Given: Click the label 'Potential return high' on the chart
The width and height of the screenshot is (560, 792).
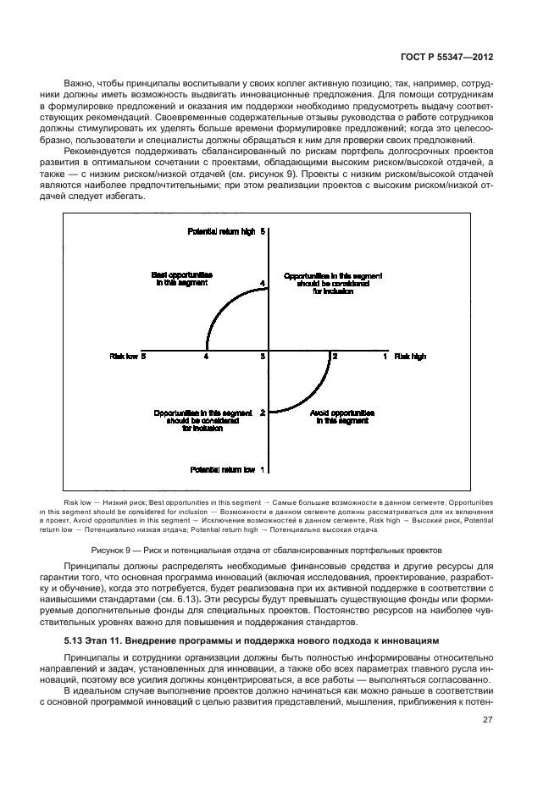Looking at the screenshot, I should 221,231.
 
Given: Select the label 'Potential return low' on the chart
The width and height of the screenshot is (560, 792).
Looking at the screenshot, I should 223,469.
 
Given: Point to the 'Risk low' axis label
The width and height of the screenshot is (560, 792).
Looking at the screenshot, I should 123,357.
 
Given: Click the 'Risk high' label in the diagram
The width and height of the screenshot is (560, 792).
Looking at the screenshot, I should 410,357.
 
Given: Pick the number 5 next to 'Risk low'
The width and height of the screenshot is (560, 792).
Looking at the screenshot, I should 144,357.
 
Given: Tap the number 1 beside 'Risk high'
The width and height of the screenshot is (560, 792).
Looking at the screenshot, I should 385,357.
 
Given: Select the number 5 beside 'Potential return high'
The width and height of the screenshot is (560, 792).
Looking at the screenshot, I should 263,231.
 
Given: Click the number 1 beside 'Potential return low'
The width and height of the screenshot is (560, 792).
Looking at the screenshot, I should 263,469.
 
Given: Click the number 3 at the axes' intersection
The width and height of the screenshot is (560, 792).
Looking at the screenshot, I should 263,357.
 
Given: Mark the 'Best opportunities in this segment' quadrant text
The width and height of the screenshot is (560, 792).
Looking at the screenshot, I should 182,280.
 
